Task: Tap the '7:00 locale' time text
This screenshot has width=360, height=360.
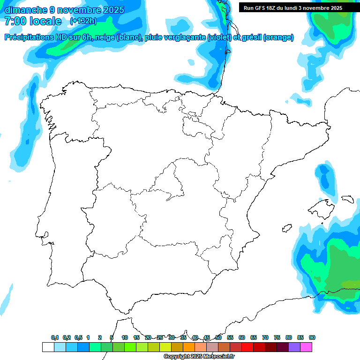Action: click(x=33, y=21)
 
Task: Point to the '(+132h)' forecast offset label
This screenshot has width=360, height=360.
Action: click(x=83, y=21)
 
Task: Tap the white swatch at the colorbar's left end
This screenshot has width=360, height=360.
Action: click(x=48, y=347)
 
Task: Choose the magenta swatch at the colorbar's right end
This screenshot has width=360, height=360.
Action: click(x=306, y=347)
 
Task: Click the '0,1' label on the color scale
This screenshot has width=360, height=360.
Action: click(x=55, y=337)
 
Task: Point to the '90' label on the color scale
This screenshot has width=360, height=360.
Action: click(x=312, y=337)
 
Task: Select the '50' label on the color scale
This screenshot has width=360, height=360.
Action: click(x=218, y=337)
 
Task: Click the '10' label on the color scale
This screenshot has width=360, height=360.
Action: click(x=125, y=337)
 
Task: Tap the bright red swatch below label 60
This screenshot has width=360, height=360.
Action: click(x=247, y=347)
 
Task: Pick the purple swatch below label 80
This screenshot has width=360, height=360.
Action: click(x=294, y=347)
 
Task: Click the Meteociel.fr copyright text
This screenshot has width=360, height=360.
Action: click(x=206, y=357)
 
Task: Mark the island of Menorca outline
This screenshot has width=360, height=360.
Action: click(x=347, y=199)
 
